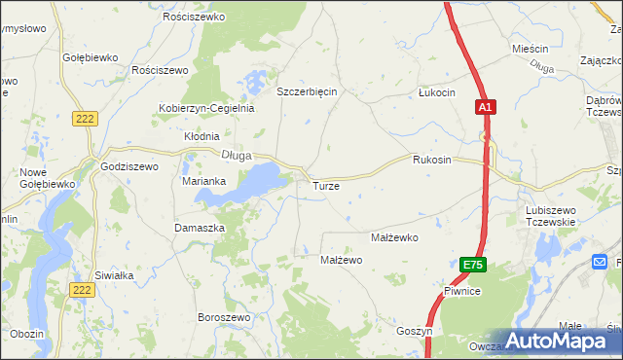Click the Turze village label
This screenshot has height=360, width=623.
[325, 185]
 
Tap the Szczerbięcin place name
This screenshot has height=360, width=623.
[307, 91]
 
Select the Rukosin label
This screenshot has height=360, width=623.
[432, 160]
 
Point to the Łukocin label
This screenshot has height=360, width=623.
[436, 92]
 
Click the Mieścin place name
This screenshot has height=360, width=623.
[531, 48]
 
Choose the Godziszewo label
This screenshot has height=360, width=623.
[129, 166]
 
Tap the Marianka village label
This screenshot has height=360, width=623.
[204, 181]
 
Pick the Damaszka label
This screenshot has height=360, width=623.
[200, 227]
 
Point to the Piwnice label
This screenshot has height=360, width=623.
[463, 291]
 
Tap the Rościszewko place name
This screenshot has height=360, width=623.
[195, 18]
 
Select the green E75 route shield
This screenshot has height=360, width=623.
[472, 265]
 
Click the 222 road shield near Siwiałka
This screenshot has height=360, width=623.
[83, 290]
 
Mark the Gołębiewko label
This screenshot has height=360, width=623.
[91, 57]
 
